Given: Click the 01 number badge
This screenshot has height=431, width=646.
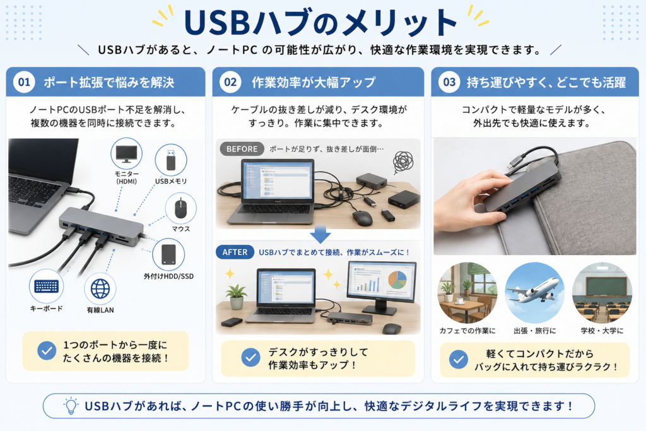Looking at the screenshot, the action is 24,82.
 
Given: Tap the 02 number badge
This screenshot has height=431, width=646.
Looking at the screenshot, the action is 230,82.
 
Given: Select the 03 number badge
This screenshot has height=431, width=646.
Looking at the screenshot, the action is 449,82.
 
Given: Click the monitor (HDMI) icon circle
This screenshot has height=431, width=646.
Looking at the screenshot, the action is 126,154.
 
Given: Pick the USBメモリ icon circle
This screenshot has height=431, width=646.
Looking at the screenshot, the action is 171,160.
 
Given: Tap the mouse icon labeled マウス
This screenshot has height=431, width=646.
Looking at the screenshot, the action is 180,208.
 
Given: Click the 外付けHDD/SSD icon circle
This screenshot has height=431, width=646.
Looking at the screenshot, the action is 168,254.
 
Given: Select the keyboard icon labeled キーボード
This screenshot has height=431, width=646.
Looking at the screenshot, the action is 46,286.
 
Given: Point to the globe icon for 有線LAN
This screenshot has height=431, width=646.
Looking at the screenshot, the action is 100,288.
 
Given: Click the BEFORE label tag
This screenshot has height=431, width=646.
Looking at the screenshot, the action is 242,149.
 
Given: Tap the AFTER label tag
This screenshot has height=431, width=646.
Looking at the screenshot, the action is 235,252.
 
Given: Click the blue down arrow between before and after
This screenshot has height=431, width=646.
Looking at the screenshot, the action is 320,235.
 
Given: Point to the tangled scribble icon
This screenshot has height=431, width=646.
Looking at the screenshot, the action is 403,162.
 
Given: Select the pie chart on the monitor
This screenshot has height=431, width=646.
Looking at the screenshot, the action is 397,280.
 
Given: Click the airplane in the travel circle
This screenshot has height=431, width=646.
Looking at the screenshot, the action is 534,290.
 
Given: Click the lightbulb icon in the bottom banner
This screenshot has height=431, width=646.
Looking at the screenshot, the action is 71,406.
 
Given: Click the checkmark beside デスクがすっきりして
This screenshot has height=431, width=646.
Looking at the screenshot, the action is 250,358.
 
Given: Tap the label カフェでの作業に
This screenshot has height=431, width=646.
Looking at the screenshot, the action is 467,331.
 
